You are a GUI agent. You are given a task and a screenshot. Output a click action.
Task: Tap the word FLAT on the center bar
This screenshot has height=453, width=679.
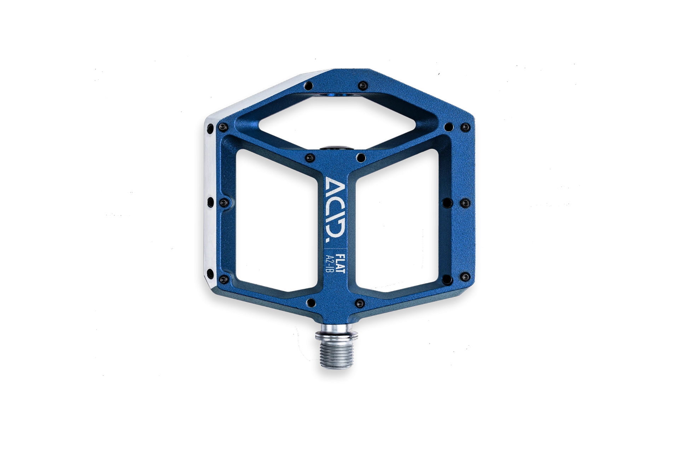click(x=341, y=263)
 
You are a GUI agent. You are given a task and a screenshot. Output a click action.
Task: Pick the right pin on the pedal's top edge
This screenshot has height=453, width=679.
click(x=362, y=85)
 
